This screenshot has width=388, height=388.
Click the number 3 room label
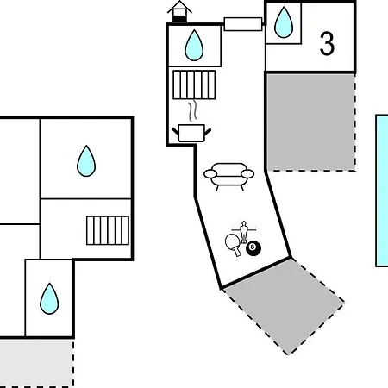tap(327, 43)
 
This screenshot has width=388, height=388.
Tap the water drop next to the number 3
tap(284, 22)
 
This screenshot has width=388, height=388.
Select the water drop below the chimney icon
tap(194, 46)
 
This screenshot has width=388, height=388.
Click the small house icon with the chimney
tap(179, 11)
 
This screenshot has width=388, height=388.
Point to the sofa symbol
tap(228, 177)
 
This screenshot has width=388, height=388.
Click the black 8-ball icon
tap(253, 248)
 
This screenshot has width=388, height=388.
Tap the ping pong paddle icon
tap(233, 245)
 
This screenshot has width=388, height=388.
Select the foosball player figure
tap(244, 231)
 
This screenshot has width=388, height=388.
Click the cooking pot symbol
tap(191, 133)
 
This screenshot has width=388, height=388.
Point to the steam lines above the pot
tap(193, 110)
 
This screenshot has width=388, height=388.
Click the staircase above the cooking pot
tap(194, 84)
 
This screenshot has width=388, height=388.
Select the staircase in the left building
tap(108, 230)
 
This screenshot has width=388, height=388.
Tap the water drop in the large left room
tap(86, 160)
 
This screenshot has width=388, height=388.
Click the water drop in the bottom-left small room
tap(49, 298)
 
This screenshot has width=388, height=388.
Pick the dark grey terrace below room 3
tap(310, 122)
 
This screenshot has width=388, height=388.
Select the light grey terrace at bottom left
tap(36, 363)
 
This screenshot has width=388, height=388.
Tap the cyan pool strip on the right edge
tap(382, 191)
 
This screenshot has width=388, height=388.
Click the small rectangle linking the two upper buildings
tap(243, 24)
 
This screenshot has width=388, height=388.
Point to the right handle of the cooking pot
tap(208, 132)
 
